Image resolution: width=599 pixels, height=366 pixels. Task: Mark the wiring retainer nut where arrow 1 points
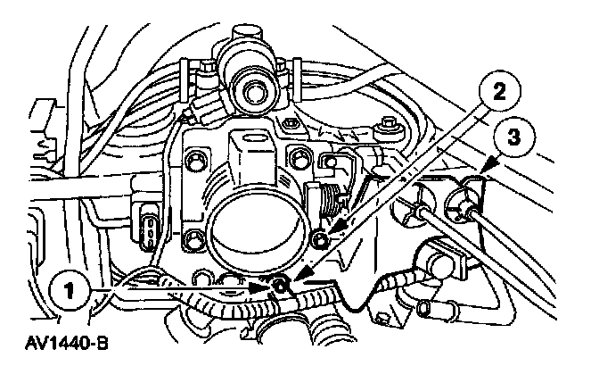coord(281,286)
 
